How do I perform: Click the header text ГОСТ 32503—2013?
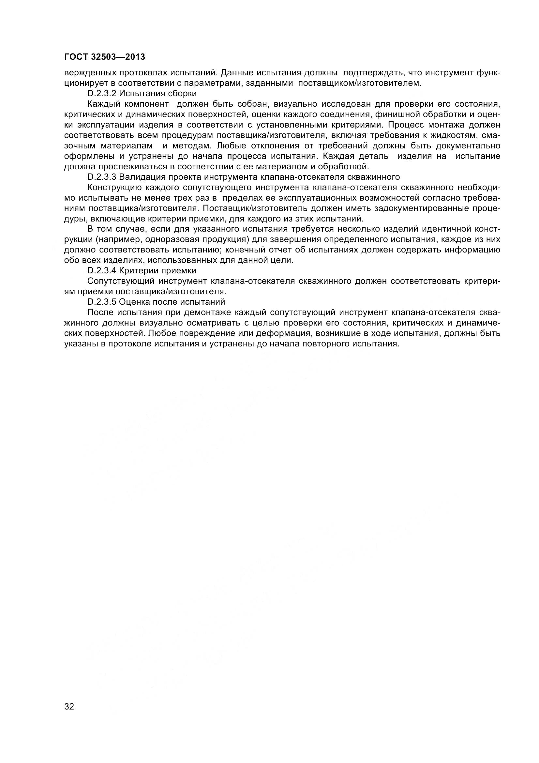click(105, 57)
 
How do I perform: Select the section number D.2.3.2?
click(102, 94)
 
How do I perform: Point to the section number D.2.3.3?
click(102, 177)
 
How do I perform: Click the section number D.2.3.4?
click(102, 270)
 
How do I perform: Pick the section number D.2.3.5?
click(102, 302)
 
